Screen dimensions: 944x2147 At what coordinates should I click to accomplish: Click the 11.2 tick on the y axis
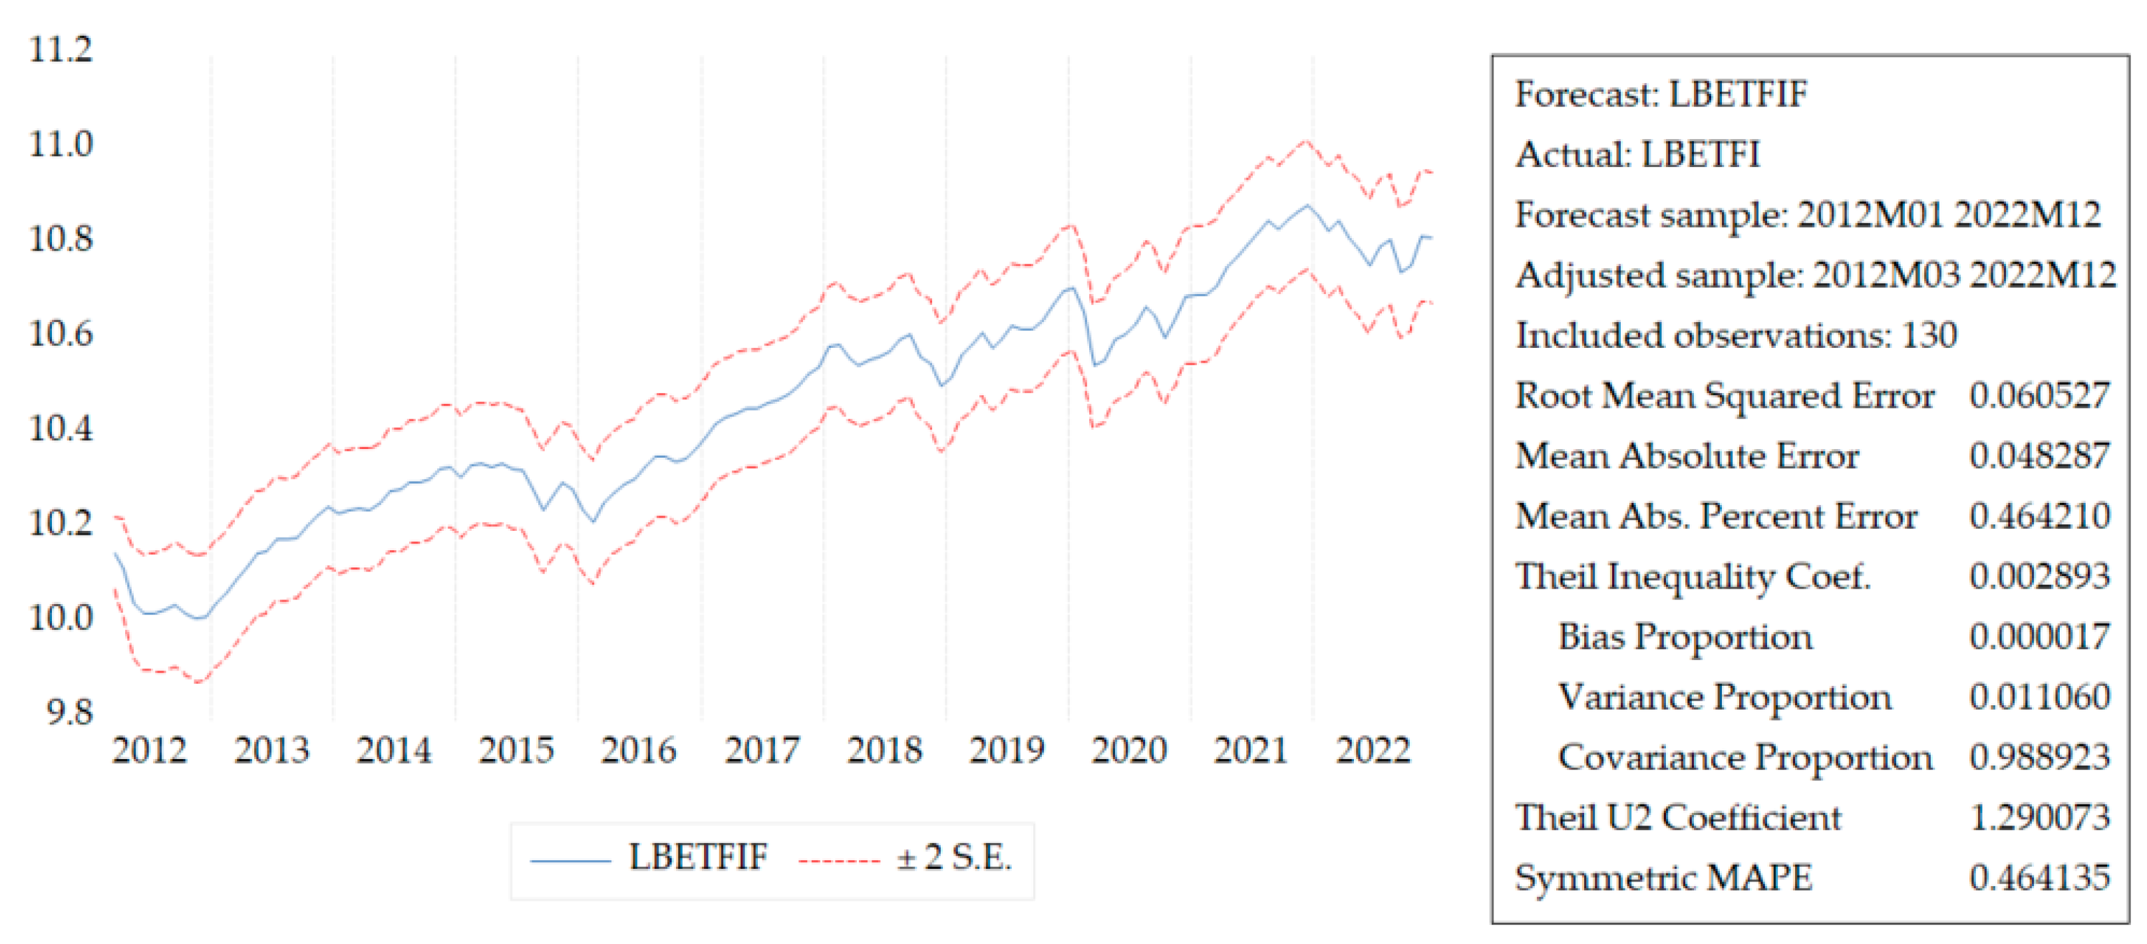pos(61,50)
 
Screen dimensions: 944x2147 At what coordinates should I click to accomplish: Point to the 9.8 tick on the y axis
pos(70,713)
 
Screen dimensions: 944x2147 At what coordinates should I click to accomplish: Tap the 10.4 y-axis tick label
pos(61,429)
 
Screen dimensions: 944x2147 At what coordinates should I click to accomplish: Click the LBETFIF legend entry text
pos(698,858)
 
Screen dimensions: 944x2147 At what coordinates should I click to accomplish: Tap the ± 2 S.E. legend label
pos(953,858)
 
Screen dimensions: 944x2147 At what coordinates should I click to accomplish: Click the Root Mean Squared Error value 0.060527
pos(2039,396)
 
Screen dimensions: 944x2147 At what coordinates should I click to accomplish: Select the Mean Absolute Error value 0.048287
pos(2039,456)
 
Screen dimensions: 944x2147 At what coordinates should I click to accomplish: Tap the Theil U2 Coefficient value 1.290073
pos(2039,818)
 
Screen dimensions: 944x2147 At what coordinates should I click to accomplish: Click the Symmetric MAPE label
pos(1663,878)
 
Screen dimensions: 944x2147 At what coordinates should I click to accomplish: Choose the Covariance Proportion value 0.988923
pos(2039,757)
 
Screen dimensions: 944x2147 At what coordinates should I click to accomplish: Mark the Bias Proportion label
pos(1685,637)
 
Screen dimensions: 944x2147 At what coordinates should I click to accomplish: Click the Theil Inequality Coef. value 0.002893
pos(2039,577)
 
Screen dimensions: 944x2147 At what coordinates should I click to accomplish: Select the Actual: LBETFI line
pos(1637,155)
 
